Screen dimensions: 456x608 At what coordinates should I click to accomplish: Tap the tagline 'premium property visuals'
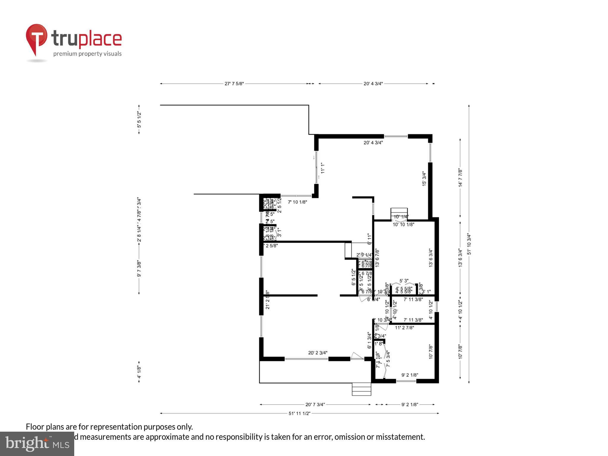click(x=87, y=54)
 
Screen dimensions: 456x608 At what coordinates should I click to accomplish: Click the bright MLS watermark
click(x=37, y=444)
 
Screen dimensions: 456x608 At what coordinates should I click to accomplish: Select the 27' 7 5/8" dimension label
click(x=234, y=84)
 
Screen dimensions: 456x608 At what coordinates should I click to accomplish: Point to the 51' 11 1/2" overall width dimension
click(x=299, y=413)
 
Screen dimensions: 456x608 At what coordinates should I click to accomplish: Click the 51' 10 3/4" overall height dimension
click(x=469, y=244)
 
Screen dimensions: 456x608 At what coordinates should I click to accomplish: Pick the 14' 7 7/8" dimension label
click(x=460, y=178)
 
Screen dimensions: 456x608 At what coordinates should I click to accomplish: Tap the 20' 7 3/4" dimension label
click(x=315, y=404)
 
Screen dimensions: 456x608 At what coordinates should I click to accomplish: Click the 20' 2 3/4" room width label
click(x=318, y=353)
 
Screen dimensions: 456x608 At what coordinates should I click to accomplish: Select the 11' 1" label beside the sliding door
click(x=323, y=168)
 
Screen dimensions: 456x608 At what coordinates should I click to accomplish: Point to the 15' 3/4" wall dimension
click(x=424, y=179)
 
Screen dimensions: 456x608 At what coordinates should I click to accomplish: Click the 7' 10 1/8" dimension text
click(x=297, y=202)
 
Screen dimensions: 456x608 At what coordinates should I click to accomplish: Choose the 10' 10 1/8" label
click(x=403, y=225)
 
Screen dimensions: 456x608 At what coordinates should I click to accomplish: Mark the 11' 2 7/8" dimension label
click(x=404, y=328)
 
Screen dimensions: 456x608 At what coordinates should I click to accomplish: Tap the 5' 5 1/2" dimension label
click(x=139, y=120)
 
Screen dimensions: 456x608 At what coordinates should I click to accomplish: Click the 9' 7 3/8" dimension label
click(x=139, y=269)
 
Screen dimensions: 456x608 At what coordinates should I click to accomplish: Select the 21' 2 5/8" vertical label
click(x=267, y=300)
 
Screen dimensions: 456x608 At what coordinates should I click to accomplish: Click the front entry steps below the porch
click(x=361, y=389)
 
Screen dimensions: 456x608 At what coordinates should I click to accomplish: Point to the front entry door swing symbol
click(x=357, y=356)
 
